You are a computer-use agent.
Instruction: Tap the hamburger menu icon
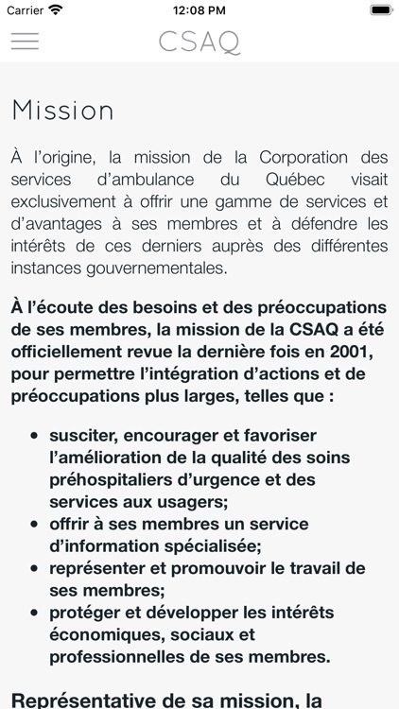point(25,42)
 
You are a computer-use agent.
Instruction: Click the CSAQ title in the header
point(199,43)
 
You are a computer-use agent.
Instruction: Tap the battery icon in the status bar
point(380,10)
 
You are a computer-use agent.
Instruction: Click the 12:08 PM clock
point(199,10)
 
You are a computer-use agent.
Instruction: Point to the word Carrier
point(25,10)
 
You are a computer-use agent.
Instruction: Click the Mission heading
point(62,111)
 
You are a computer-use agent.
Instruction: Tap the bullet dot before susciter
point(35,436)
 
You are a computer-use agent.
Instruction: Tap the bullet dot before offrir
point(35,524)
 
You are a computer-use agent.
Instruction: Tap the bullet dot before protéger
point(35,612)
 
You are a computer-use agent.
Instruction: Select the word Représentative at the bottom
point(86,700)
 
